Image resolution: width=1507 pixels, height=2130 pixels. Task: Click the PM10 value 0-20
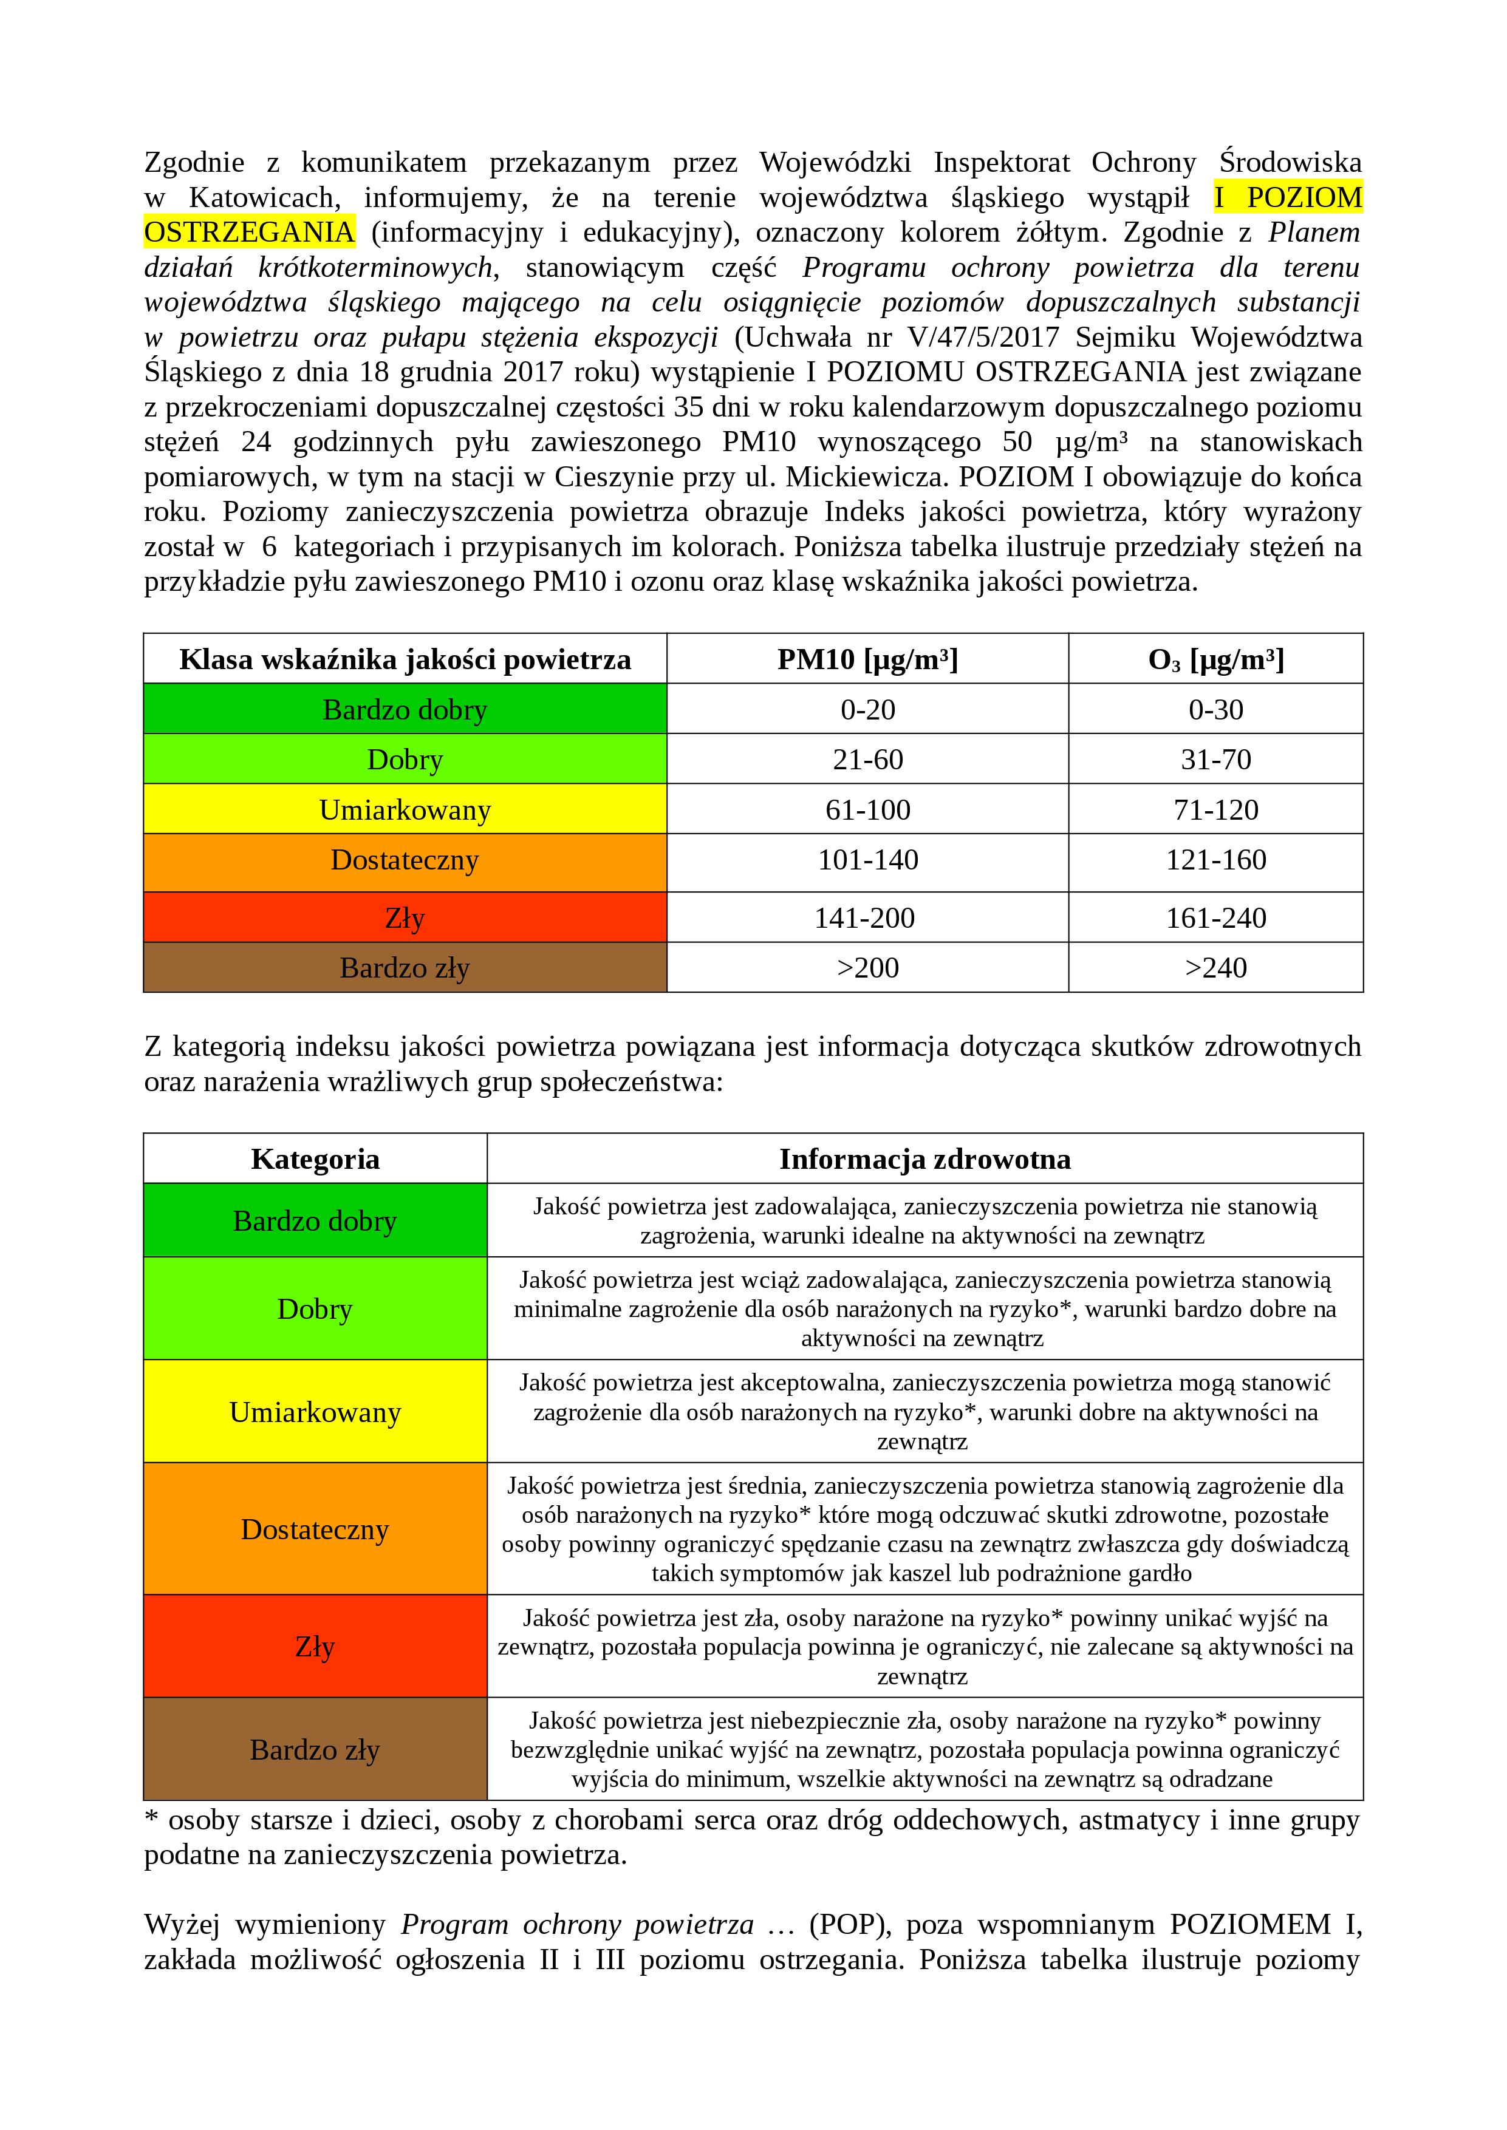tap(867, 710)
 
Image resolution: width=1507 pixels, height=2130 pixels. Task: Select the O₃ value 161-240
tap(1215, 917)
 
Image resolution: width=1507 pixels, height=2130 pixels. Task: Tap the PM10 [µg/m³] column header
tap(867, 659)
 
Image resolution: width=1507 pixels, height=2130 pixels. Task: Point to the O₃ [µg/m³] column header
tap(1215, 659)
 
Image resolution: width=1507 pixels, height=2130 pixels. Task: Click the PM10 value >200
tap(867, 968)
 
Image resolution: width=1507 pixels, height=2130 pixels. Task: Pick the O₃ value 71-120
tap(1215, 810)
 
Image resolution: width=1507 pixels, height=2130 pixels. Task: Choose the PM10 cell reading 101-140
tap(867, 860)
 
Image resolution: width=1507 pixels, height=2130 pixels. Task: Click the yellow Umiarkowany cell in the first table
tap(405, 810)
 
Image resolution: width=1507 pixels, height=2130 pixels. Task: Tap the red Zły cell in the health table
tap(315, 1647)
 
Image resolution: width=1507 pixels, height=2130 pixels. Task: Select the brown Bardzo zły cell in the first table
tap(405, 968)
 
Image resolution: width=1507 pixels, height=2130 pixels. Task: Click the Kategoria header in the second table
tap(315, 1159)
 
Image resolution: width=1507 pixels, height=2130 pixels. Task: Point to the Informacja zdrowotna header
tap(924, 1159)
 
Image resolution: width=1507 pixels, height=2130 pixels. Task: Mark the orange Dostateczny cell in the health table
tap(315, 1529)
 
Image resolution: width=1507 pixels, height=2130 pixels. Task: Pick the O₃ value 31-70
tap(1215, 760)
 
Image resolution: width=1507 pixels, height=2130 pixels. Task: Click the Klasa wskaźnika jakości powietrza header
tap(405, 659)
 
